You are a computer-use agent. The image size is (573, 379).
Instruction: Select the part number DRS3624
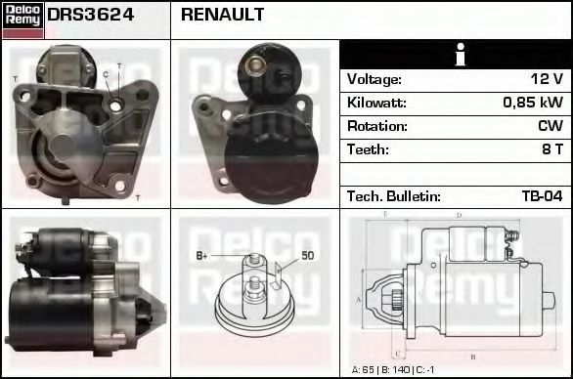point(91,16)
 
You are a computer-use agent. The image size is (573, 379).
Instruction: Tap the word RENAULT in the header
point(222,16)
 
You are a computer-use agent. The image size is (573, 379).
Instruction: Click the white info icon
point(457,55)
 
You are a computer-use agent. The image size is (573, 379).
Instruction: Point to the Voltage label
point(374,79)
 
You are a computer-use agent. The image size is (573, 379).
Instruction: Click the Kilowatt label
point(376,103)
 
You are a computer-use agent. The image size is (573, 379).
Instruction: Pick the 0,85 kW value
point(533,103)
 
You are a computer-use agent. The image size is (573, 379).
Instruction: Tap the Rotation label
point(376,126)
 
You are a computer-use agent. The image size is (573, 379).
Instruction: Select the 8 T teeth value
point(552,149)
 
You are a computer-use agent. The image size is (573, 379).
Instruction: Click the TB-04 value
point(543,196)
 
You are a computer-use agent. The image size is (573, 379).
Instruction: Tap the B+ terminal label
point(201,256)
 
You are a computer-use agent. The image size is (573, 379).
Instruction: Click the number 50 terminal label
point(307,256)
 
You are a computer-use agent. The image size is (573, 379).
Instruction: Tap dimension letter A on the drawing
point(359,300)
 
